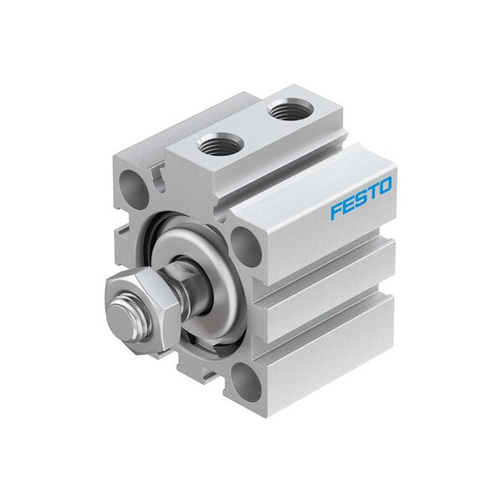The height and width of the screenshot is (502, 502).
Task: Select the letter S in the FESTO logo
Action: pyautogui.click(x=360, y=199)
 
